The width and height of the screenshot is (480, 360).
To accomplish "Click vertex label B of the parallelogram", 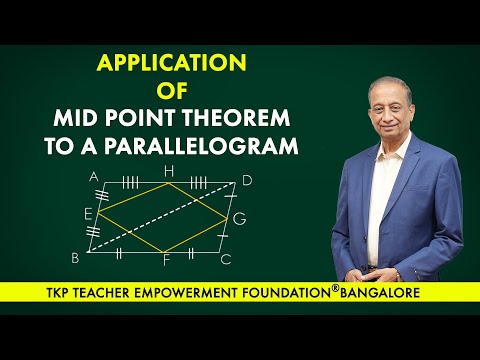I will [75, 258].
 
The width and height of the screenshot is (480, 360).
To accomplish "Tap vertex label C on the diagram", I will [226, 259].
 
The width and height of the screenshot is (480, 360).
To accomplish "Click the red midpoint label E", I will [87, 214].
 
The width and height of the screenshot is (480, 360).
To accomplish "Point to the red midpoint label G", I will [239, 218].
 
